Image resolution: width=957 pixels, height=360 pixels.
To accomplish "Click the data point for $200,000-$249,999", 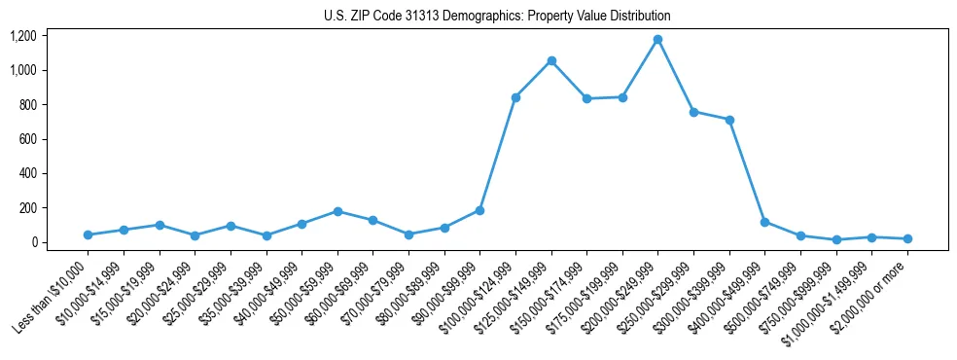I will tap(657, 40).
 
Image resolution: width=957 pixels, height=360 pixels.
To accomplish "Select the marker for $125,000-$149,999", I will tap(551, 61).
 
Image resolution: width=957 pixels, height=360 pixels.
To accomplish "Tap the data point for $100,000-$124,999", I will tap(515, 97).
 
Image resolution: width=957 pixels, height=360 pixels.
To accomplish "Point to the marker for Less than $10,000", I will tap(88, 234).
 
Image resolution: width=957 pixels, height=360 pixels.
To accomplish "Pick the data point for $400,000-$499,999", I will tap(764, 222).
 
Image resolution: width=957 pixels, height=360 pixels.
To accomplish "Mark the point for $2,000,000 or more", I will tap(907, 238).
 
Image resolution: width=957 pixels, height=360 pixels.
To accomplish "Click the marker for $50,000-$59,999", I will tap(337, 211).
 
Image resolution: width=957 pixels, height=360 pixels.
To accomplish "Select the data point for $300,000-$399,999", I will tap(729, 120).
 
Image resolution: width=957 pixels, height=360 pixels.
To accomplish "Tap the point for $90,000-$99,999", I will tap(479, 210).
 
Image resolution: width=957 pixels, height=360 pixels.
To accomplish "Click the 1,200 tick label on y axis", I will tap(23, 36).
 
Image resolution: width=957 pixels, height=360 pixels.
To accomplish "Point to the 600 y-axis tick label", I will tap(27, 139).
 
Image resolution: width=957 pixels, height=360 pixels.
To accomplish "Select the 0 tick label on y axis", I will tap(33, 242).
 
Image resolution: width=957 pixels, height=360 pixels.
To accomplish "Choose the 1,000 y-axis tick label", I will tap(23, 70).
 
